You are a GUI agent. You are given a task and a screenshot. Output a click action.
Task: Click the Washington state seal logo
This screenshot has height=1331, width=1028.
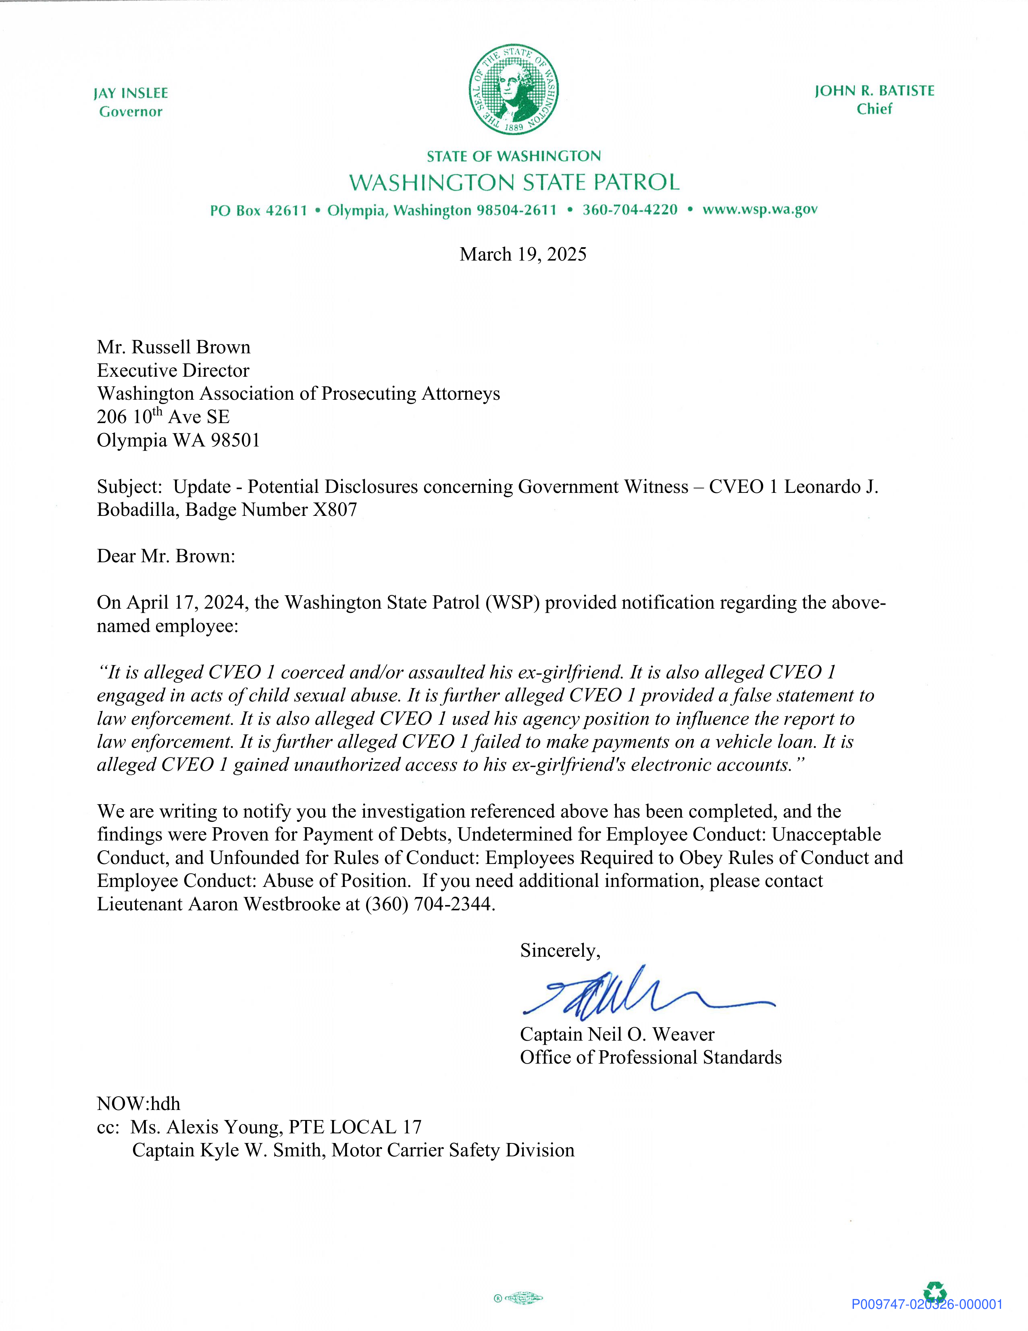click(x=513, y=89)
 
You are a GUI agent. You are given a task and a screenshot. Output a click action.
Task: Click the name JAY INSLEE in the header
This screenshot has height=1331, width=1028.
click(x=131, y=93)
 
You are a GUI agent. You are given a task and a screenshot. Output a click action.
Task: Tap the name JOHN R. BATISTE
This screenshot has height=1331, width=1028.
click(x=874, y=91)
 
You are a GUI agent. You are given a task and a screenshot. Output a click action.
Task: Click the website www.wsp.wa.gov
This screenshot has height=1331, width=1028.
click(x=760, y=210)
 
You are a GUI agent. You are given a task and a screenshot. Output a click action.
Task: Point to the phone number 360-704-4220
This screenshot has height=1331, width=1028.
click(x=630, y=210)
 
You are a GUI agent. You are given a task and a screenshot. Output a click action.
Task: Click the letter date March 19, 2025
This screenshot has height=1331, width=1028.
click(x=522, y=254)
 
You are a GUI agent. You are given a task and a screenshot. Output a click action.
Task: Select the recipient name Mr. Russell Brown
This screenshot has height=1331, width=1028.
click(x=174, y=347)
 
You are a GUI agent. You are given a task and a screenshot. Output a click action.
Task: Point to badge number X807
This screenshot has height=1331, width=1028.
click(x=335, y=509)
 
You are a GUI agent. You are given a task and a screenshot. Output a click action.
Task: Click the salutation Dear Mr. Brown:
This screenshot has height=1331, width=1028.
click(x=166, y=556)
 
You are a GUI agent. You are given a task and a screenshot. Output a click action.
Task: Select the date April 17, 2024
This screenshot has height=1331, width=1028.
click(x=186, y=602)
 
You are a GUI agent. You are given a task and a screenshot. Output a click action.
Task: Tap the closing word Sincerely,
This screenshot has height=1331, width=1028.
click(x=560, y=950)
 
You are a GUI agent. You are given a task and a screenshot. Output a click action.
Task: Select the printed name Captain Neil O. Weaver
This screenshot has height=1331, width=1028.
click(x=617, y=1034)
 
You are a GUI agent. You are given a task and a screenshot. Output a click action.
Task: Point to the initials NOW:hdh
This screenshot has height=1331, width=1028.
click(x=138, y=1103)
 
